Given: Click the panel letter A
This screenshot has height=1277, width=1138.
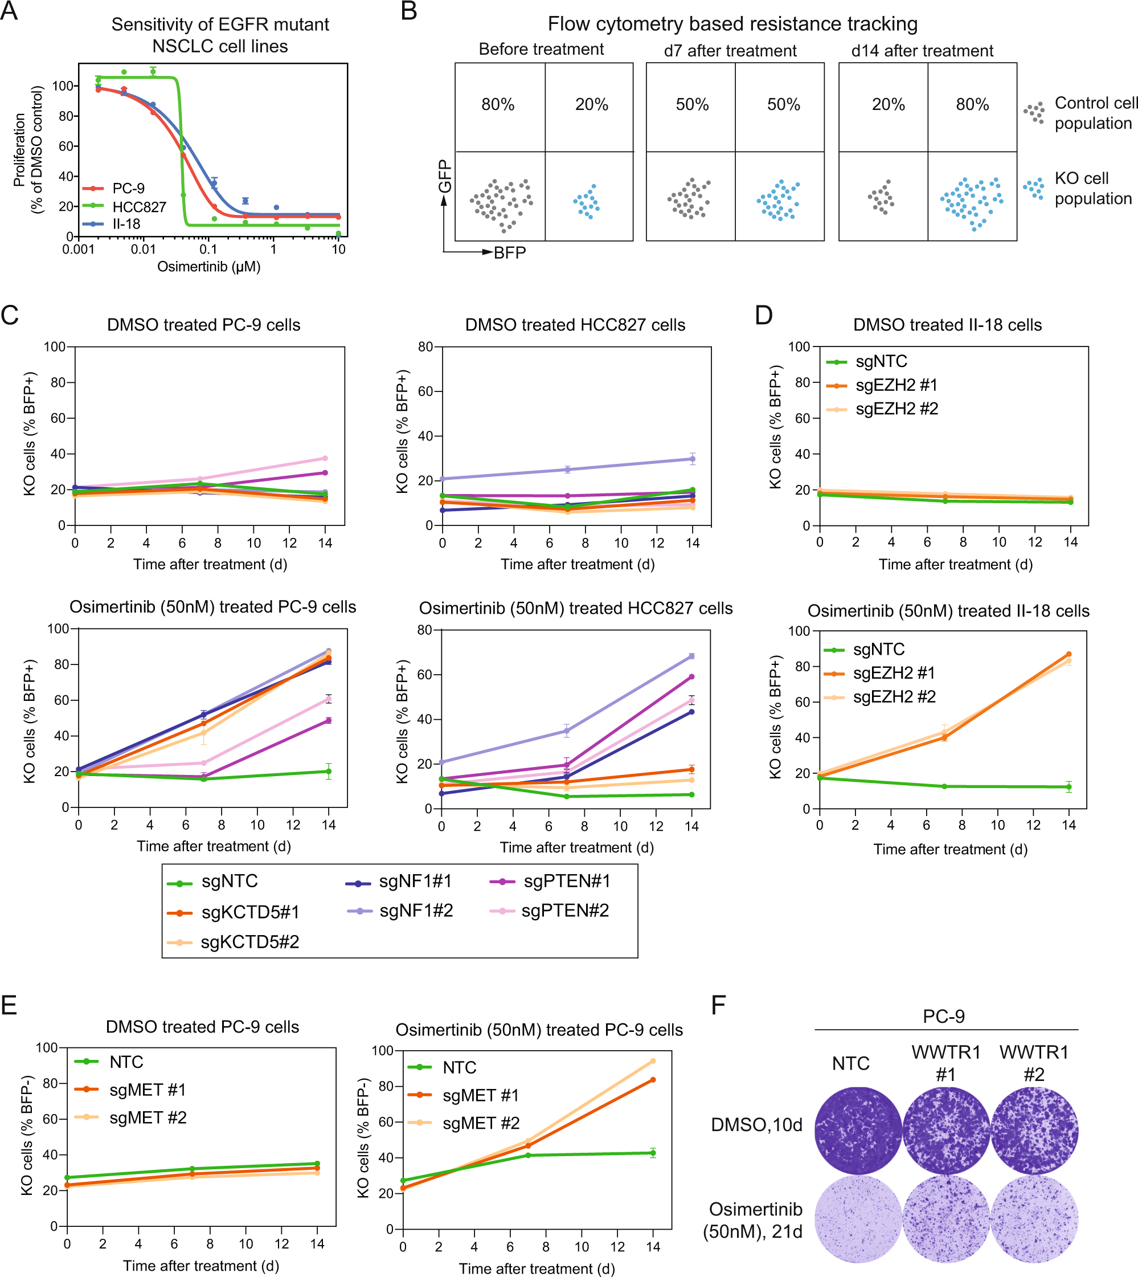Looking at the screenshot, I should click(9, 11).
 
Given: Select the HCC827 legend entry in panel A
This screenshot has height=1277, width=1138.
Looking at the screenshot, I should click(139, 207).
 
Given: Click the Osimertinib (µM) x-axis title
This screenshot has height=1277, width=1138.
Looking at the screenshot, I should click(209, 267).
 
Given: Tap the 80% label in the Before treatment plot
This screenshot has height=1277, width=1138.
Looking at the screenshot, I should click(498, 104).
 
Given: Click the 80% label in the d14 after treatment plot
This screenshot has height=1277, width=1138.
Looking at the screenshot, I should click(972, 104).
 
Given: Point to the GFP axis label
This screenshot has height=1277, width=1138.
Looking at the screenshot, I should click(445, 177).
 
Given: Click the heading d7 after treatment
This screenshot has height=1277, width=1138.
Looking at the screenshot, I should click(730, 51).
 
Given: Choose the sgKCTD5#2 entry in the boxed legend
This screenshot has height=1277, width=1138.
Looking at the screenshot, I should click(249, 941).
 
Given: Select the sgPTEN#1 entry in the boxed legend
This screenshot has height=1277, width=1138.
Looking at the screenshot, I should click(566, 881).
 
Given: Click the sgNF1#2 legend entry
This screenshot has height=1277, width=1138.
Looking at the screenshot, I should click(416, 911).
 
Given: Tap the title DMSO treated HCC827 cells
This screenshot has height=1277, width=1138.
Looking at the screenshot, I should click(575, 325).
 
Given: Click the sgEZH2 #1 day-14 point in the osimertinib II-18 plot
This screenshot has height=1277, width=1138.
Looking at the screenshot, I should click(1068, 654).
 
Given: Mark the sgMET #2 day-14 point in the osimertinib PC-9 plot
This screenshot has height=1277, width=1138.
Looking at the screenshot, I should click(653, 1060).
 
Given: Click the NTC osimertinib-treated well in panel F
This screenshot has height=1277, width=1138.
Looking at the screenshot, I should click(858, 1219).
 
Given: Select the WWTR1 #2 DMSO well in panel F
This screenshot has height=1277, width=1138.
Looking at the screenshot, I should click(1034, 1130).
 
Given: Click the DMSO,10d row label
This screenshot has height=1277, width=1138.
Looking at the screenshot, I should click(756, 1124).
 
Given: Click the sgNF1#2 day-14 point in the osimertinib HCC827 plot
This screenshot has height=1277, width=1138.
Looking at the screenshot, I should click(691, 656).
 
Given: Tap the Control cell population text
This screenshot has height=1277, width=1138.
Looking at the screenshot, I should click(1095, 113).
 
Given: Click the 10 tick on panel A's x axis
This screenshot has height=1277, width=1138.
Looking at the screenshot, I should click(338, 249).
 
